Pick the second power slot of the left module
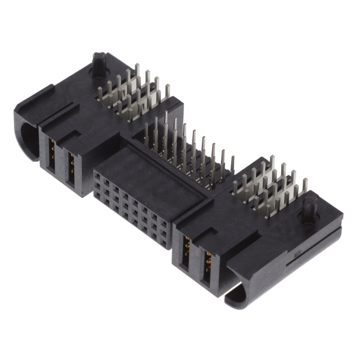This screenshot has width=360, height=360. tap(71, 166)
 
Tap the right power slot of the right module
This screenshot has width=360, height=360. tap(206, 264)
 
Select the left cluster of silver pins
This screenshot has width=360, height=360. tap(132, 93)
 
